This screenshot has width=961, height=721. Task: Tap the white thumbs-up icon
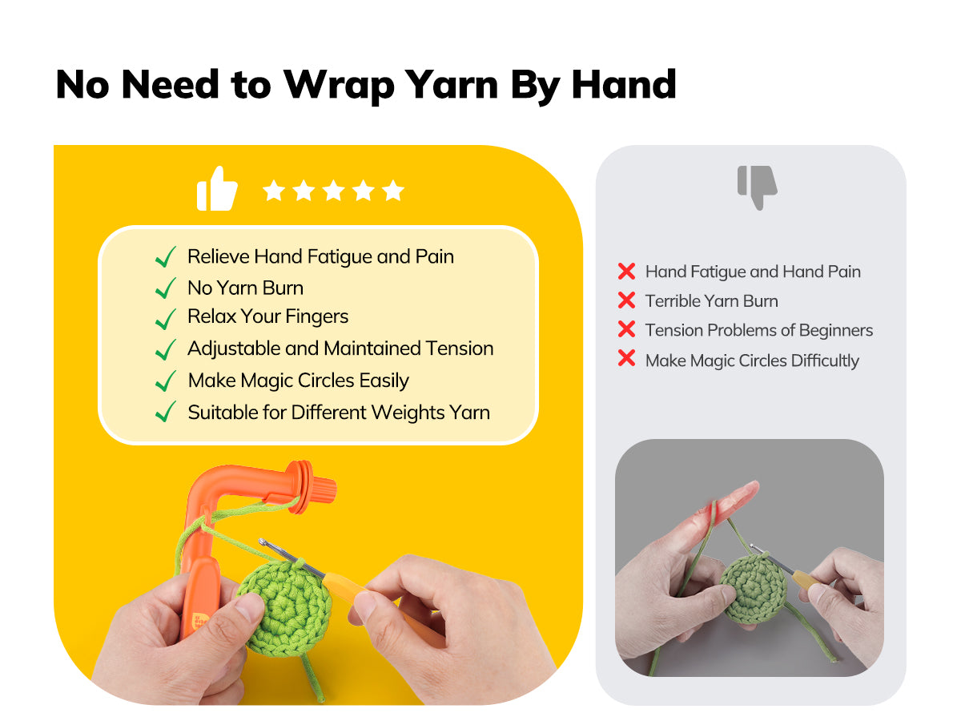coord(217,189)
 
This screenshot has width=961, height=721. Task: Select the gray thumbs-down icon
coord(757,187)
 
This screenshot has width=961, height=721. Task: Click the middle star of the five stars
coord(334,191)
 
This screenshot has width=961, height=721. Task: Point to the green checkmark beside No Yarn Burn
coord(166,288)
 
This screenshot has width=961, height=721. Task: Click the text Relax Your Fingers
coord(267,316)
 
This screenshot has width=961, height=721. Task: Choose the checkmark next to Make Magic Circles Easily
coord(166,381)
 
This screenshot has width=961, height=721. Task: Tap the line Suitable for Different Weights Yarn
coord(339,413)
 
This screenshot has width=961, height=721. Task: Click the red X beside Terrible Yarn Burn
coord(626,300)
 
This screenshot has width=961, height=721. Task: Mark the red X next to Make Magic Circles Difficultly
coord(626,358)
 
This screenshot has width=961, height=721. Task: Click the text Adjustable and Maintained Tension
coord(340,348)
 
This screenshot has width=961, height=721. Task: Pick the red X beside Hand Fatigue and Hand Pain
coord(626,271)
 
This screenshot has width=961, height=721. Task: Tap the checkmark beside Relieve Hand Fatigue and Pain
coord(166,256)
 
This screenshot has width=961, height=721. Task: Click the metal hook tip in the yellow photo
coord(262,542)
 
